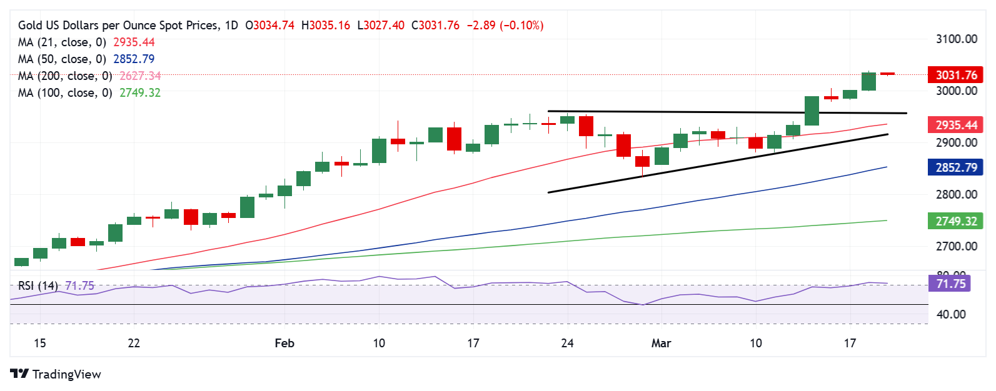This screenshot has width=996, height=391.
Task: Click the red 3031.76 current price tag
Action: [x=955, y=75]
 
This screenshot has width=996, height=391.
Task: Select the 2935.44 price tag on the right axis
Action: [x=955, y=125]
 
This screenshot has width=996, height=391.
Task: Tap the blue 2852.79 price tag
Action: [x=955, y=167]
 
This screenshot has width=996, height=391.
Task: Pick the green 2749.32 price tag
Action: [x=955, y=221]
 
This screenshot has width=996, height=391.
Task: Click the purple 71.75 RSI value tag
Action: [x=951, y=284]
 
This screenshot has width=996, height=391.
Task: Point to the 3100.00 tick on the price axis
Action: [x=956, y=39]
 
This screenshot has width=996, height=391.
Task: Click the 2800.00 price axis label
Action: [x=956, y=194]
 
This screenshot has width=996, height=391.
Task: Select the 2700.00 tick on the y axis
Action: [x=956, y=246]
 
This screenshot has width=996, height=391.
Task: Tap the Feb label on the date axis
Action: [x=284, y=343]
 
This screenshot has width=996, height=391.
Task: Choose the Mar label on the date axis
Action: [x=661, y=343]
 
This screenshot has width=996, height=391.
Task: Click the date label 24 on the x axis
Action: [x=567, y=343]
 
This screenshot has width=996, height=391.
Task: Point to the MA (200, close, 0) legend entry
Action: [x=65, y=76]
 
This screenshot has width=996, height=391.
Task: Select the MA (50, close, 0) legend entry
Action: [x=62, y=59]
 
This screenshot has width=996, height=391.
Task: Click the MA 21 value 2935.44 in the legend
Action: [x=134, y=42]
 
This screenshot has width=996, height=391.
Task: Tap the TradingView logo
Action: [x=56, y=374]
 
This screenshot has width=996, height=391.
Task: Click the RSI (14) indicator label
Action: [x=38, y=285]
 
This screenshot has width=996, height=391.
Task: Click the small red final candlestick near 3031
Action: [x=887, y=74]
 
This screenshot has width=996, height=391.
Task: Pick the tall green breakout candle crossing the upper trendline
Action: [x=812, y=111]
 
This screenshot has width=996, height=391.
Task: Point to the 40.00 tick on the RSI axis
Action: [x=951, y=314]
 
